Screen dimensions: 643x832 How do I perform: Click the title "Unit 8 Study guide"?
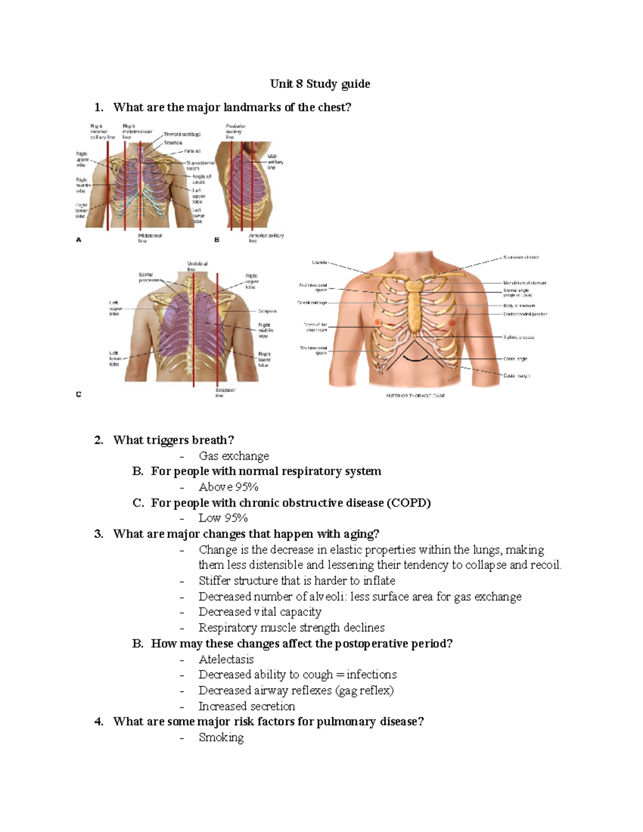point(320,84)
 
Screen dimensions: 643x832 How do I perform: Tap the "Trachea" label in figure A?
point(173,143)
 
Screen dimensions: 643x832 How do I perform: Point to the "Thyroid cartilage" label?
point(182,134)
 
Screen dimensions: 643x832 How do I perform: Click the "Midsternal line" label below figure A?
point(149,238)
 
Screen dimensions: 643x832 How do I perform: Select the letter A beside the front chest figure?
point(79,240)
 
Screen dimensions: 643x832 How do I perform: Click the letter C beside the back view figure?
point(79,394)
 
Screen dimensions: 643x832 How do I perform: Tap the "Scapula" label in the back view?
point(267,311)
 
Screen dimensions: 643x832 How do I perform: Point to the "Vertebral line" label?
point(197,266)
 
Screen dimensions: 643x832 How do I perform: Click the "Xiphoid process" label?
point(518,338)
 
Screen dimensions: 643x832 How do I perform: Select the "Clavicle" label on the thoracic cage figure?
point(319,263)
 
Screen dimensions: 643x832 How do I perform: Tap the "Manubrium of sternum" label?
point(525,282)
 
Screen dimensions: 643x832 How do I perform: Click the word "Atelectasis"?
point(226,659)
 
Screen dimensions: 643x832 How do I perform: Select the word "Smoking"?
point(221,737)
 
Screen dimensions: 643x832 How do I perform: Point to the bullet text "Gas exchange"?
point(234,456)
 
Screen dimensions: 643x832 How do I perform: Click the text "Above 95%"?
point(229,487)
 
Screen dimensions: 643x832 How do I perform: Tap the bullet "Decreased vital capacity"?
point(260,612)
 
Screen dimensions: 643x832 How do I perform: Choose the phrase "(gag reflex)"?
point(364,691)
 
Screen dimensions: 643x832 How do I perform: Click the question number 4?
point(99,722)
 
